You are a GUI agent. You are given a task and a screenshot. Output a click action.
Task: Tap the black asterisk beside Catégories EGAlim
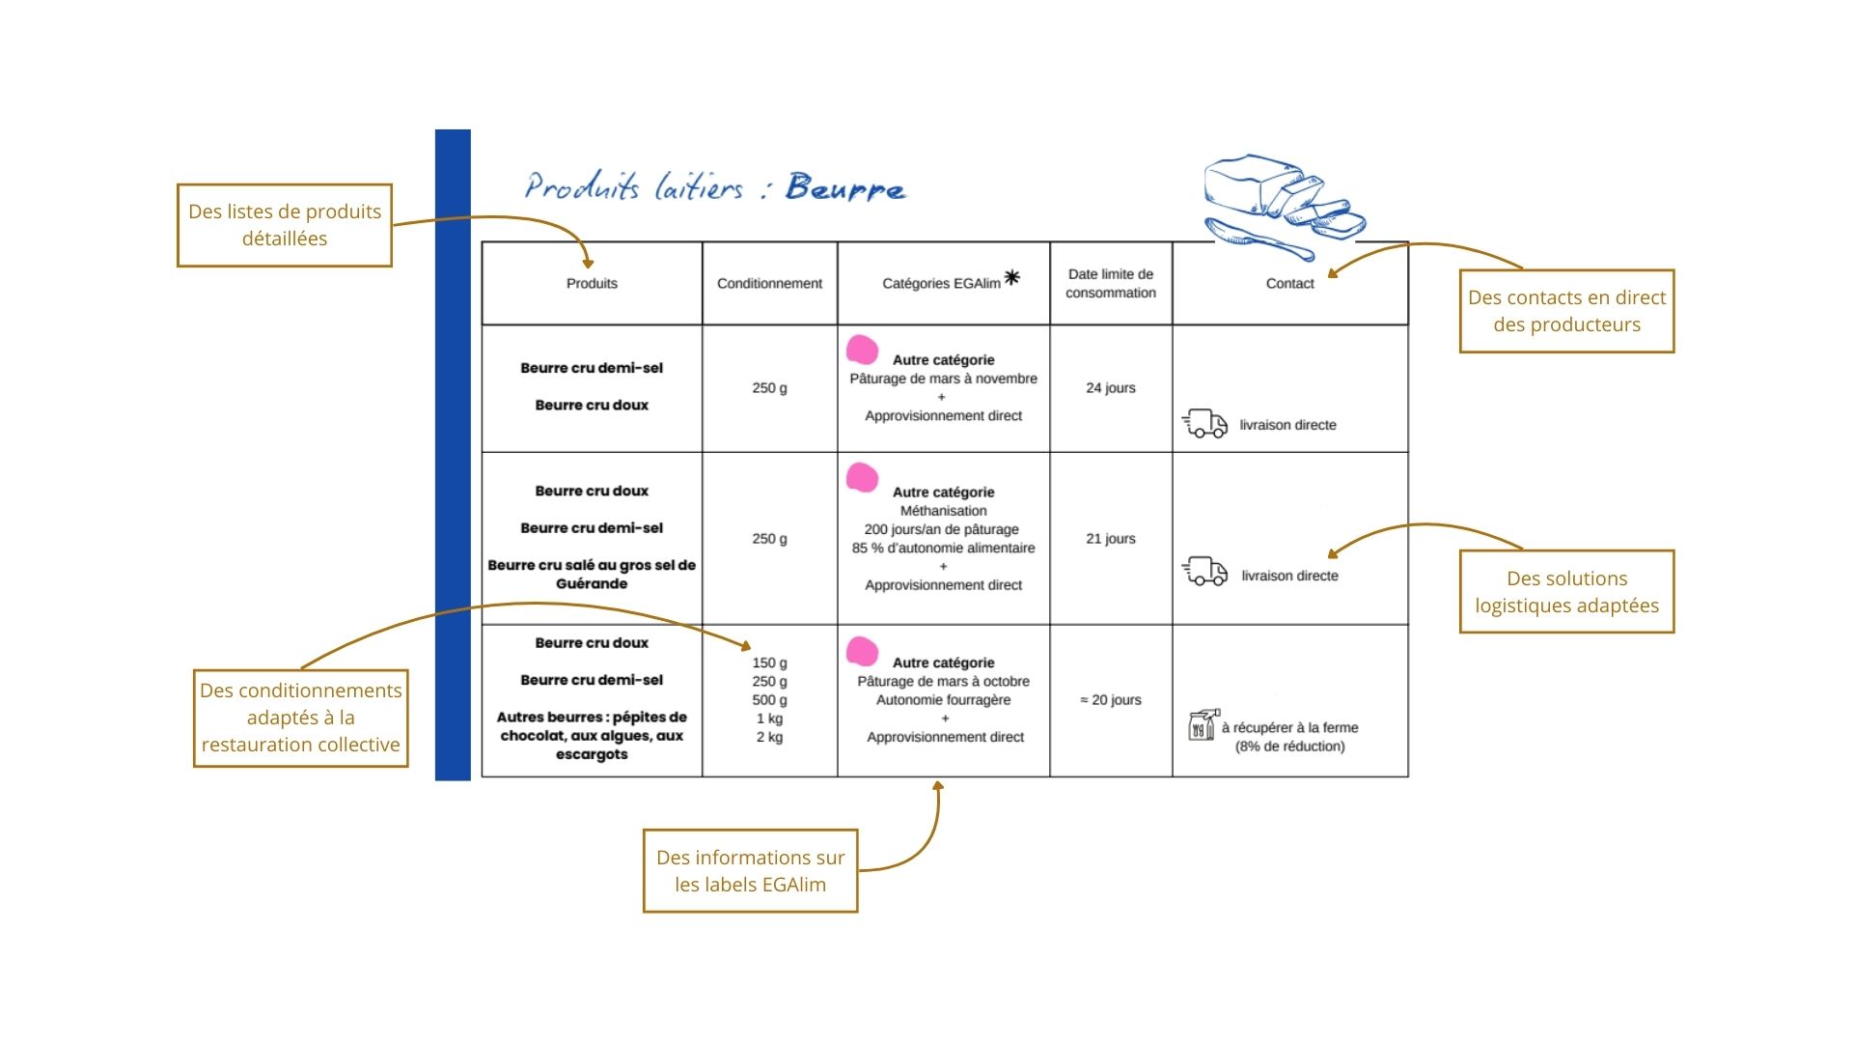1011,277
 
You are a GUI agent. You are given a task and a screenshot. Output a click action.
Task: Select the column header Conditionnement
769,283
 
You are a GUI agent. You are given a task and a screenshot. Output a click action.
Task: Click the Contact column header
1289,283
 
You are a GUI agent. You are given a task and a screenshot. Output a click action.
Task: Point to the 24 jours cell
1110,387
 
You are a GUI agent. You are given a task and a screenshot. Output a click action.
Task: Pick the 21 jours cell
1110,538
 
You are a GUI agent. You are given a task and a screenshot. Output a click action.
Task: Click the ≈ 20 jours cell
1110,699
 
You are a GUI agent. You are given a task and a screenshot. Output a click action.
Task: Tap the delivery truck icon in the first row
1204,423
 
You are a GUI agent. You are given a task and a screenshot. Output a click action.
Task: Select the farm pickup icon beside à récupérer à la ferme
1202,725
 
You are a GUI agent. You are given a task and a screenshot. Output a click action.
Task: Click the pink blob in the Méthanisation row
862,477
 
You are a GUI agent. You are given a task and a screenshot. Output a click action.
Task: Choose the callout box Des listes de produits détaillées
285,225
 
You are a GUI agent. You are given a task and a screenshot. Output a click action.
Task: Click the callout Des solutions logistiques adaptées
1566,592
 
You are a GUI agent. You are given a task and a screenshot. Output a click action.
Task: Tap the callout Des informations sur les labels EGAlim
750,870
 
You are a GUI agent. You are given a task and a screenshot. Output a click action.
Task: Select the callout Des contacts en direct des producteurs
1566,311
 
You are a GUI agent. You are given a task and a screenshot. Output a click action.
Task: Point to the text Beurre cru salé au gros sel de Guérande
592,574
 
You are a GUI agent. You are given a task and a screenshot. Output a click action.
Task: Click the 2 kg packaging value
769,737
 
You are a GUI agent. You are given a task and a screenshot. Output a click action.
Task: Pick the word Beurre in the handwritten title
845,187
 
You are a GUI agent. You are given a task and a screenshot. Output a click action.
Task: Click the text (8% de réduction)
1289,746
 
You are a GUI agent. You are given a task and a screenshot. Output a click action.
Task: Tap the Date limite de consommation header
1110,283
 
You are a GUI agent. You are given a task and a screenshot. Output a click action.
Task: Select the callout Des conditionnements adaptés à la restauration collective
300,718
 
